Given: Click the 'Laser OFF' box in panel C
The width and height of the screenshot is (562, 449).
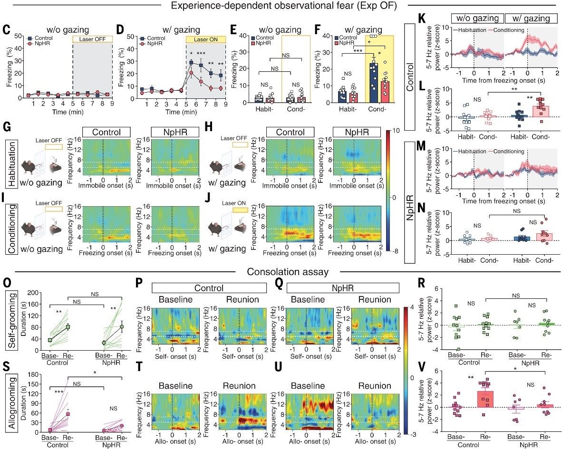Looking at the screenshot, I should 92,38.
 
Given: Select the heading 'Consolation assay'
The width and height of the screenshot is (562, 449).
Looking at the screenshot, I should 281,273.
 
